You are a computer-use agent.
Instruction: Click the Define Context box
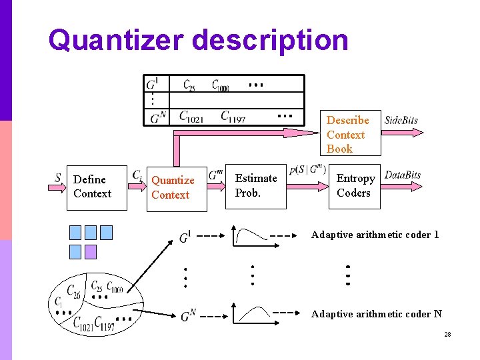pos(97,187)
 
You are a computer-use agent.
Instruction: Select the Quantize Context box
pos(177,188)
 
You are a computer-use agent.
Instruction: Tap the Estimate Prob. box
pos(257,185)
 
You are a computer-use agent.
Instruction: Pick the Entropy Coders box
pos(355,186)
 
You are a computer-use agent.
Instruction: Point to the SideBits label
pos(401,121)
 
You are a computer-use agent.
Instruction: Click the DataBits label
pos(403,175)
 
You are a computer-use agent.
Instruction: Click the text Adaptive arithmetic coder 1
pos(375,235)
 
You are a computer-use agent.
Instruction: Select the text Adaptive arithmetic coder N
pos(376,314)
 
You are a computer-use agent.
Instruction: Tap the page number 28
pos(447,334)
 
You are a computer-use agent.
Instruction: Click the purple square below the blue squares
pos(90,251)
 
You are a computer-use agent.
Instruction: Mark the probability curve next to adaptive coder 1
pos(248,235)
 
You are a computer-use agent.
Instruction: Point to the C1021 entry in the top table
pos(192,117)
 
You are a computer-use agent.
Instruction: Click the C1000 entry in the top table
pos(221,86)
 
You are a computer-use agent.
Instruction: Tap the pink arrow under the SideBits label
pos(404,133)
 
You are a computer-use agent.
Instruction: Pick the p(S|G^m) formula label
pos(308,170)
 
